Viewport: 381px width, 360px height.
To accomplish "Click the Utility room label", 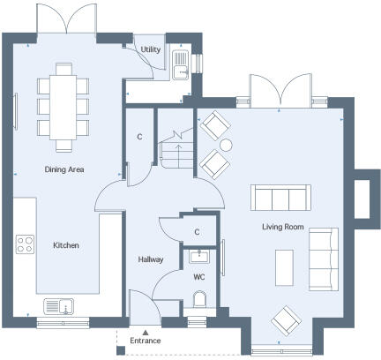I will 151,50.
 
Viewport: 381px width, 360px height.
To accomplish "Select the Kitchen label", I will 66,245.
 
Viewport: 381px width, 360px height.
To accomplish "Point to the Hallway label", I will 151,259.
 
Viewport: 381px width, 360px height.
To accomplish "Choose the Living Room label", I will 282,227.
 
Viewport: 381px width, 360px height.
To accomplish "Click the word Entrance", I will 146,340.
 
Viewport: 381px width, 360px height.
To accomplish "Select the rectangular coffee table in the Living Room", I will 284,266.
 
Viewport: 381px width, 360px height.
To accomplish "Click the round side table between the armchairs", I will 225,145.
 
